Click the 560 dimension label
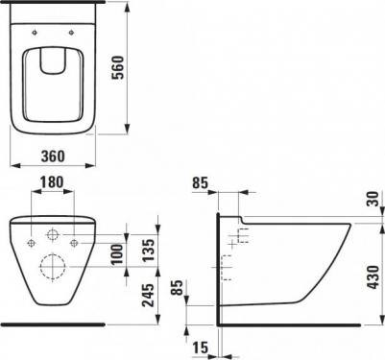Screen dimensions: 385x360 (117, 67)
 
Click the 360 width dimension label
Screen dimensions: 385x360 (53, 156)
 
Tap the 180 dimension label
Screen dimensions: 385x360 (52, 182)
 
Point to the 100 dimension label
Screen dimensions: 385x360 (117, 253)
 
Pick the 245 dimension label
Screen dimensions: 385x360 (148, 295)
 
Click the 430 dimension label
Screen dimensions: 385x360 (373, 277)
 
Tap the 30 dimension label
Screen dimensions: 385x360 (373, 199)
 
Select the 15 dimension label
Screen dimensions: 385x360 (200, 348)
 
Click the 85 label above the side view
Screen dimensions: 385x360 (200, 183)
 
